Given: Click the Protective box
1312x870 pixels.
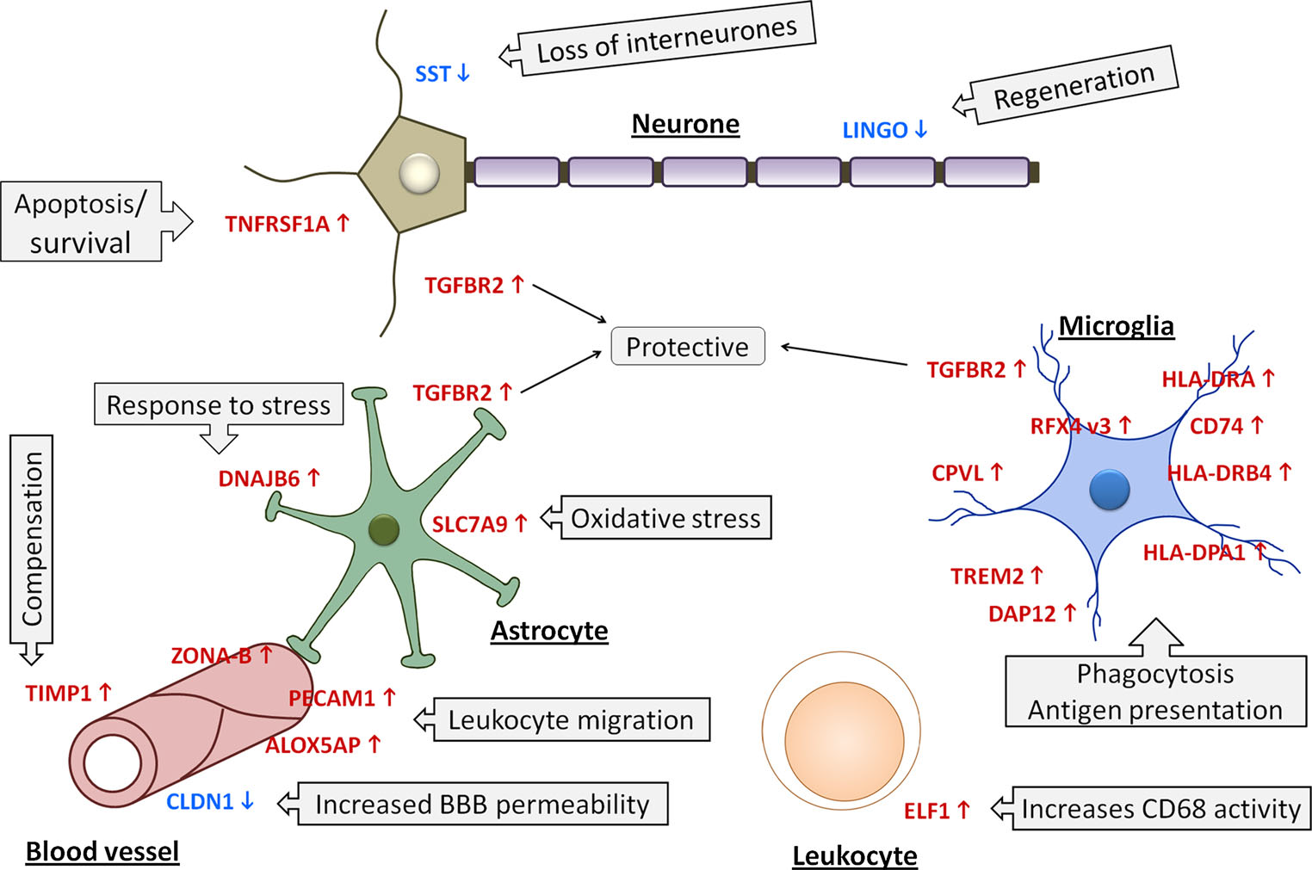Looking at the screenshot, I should [x=687, y=346].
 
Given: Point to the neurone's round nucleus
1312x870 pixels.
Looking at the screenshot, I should [x=419, y=172].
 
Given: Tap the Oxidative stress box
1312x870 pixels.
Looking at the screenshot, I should [x=665, y=518].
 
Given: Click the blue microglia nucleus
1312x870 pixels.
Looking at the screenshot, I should [x=1109, y=491].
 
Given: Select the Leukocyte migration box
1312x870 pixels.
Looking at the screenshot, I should [x=571, y=719].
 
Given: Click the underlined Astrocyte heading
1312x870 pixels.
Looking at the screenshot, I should [x=549, y=631].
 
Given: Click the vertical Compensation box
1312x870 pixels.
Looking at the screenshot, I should [x=32, y=540].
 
